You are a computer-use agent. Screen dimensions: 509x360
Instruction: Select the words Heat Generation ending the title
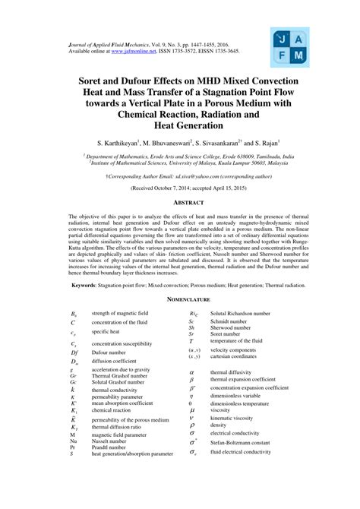(x=180, y=125)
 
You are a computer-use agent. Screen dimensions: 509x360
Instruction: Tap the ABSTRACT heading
(x=180, y=203)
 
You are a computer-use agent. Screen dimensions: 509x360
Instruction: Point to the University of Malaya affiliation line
(x=180, y=162)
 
